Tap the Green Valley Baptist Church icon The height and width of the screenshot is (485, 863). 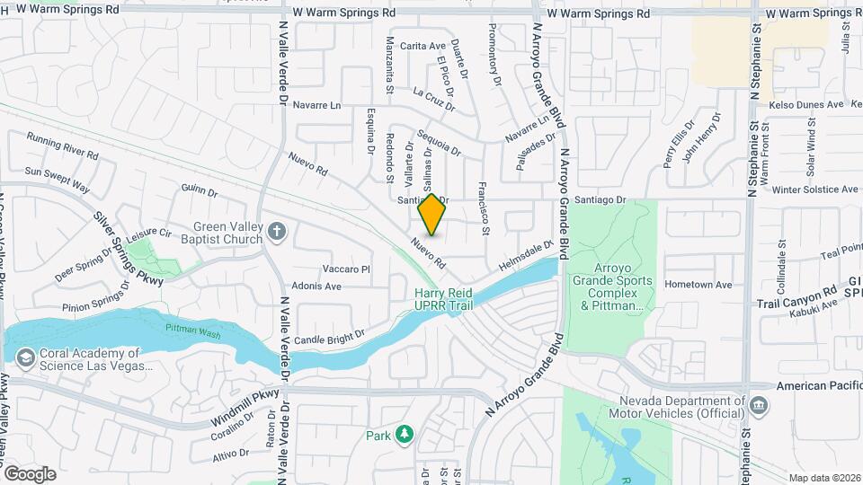pyautogui.click(x=277, y=233)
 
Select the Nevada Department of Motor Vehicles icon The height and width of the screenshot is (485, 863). pyautogui.click(x=759, y=407)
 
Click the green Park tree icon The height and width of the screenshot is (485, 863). pyautogui.click(x=405, y=435)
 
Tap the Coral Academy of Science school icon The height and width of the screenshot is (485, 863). pyautogui.click(x=25, y=358)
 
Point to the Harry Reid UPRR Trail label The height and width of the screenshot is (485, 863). pyautogui.click(x=443, y=299)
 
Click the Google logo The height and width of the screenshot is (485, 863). pyautogui.click(x=31, y=473)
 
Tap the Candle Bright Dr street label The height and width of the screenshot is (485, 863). pyautogui.click(x=329, y=336)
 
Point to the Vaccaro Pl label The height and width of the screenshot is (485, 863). pyautogui.click(x=347, y=269)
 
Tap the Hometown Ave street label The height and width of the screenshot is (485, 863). pyautogui.click(x=698, y=285)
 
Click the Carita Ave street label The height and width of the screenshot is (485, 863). pyautogui.click(x=423, y=46)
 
